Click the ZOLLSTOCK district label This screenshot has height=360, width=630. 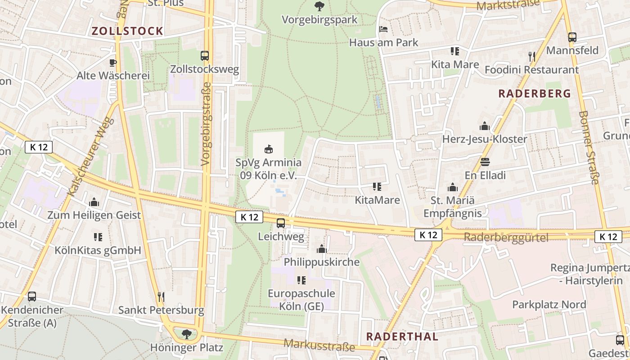click(x=127, y=31)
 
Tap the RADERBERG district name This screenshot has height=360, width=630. click(x=535, y=94)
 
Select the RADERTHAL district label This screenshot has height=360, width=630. click(x=402, y=337)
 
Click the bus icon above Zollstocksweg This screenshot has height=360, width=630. click(x=205, y=56)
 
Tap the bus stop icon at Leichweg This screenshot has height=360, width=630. click(x=281, y=223)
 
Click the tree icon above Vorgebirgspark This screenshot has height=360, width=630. click(x=319, y=6)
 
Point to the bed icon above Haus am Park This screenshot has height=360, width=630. click(x=383, y=29)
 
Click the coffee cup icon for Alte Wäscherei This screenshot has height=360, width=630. click(x=113, y=62)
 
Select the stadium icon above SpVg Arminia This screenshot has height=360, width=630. click(x=269, y=149)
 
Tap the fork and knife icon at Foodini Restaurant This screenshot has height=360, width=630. click(x=532, y=56)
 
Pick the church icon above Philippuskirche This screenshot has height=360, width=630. click(x=321, y=248)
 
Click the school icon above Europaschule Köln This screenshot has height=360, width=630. click(x=301, y=280)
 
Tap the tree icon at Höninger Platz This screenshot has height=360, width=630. click(x=186, y=334)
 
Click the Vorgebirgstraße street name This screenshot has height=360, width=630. click(x=207, y=124)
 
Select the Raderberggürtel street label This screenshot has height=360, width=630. click(x=506, y=238)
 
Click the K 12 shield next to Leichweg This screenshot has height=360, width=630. click(x=249, y=217)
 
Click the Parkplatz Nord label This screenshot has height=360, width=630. click(x=549, y=305)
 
